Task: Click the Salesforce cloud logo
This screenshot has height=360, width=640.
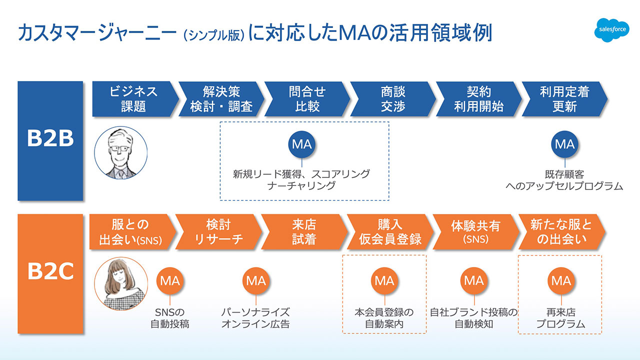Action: (x=613, y=30)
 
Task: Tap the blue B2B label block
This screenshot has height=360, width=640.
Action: (x=50, y=140)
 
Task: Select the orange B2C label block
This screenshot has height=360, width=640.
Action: (x=50, y=273)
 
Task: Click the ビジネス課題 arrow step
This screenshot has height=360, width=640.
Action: (x=134, y=99)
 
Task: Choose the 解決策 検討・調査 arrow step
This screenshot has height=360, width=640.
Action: (x=220, y=99)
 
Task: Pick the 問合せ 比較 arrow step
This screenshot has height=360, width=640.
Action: (x=306, y=99)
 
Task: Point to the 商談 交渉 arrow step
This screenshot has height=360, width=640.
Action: (x=392, y=99)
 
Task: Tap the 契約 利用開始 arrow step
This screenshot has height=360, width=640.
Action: (x=478, y=99)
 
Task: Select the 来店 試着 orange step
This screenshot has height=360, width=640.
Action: (x=303, y=232)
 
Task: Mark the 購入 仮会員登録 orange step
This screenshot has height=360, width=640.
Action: (x=389, y=232)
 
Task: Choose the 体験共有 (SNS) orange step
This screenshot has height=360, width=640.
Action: (x=475, y=232)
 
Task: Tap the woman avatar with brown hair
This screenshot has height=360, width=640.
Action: (x=121, y=284)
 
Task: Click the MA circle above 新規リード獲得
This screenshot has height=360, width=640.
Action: (x=302, y=144)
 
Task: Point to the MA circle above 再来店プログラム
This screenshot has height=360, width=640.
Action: (x=560, y=280)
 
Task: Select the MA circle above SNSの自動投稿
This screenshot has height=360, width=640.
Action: (x=169, y=280)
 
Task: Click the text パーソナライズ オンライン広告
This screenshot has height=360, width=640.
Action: (x=255, y=318)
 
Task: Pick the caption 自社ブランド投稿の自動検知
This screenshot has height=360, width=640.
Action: (x=473, y=318)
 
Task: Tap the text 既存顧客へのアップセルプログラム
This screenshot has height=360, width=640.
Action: (x=564, y=180)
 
